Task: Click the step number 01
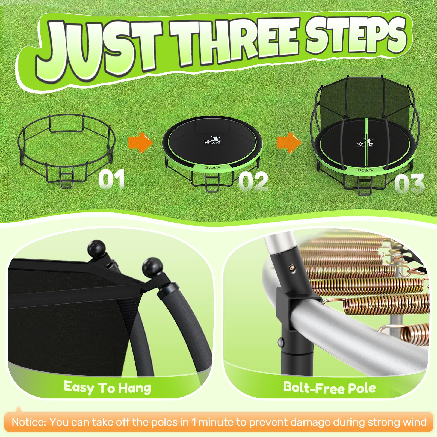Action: click(111, 179)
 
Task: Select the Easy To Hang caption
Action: click(107, 387)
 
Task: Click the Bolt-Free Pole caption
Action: click(329, 387)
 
